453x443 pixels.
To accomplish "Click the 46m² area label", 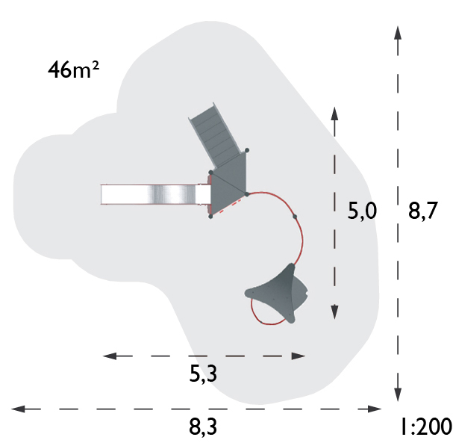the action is point(73,69).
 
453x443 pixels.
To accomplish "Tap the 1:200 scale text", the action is point(426,427).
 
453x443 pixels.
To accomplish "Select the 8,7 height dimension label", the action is point(422,211).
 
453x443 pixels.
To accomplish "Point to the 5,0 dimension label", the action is point(362,211).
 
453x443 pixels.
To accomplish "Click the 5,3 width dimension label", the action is point(203,374).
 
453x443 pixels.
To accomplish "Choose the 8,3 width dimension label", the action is point(203,427).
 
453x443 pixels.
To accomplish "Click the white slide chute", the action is point(155,194).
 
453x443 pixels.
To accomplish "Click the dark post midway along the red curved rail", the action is point(295,217).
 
